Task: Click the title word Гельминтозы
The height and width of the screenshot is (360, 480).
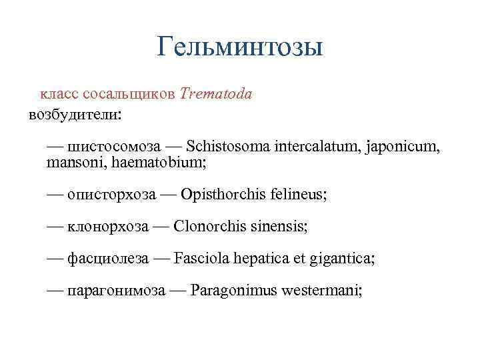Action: pyautogui.click(x=240, y=47)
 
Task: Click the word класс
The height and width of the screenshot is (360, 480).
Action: pyautogui.click(x=59, y=94)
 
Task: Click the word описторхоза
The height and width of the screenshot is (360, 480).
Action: pyautogui.click(x=111, y=195)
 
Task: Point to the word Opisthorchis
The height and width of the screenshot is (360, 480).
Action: pyautogui.click(x=223, y=195)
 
